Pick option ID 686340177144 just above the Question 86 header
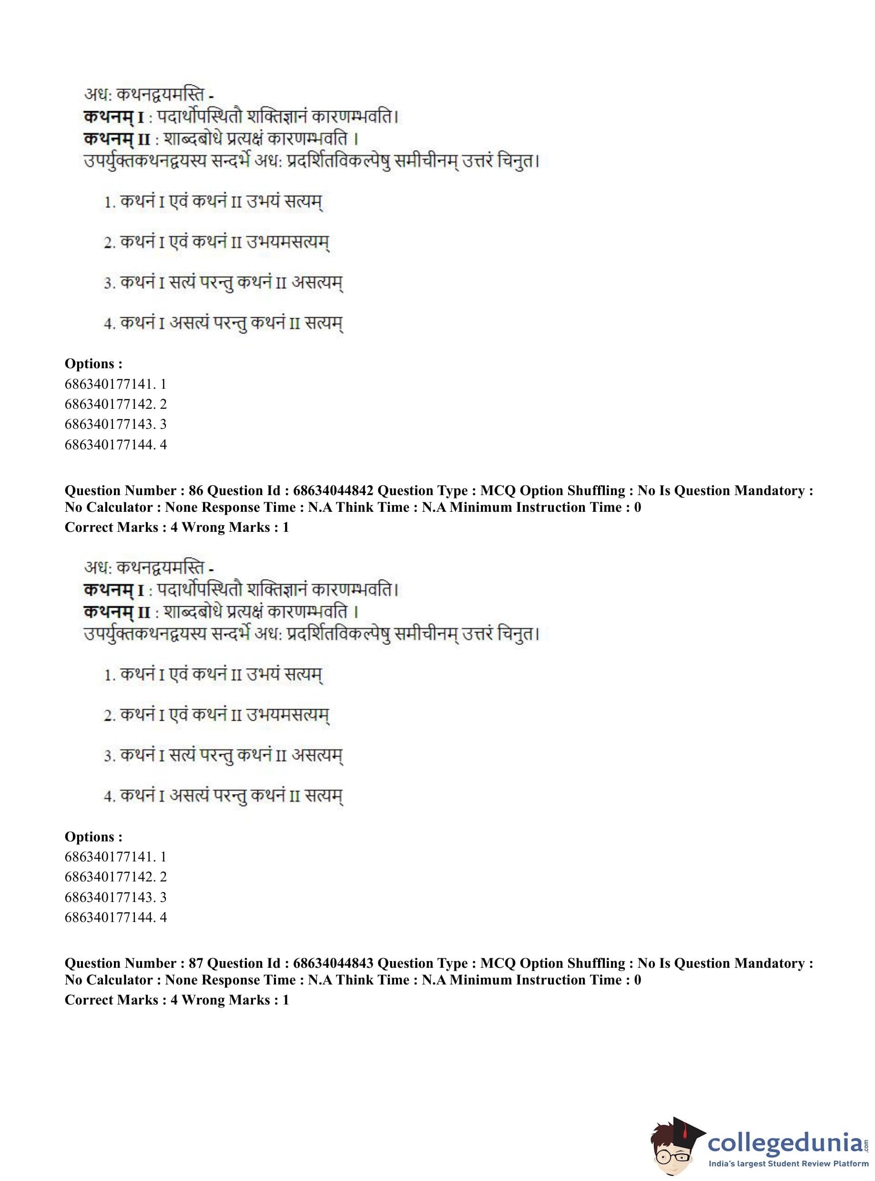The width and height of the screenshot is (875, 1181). pyautogui.click(x=115, y=445)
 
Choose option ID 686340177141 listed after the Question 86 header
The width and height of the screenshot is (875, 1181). pyautogui.click(x=115, y=857)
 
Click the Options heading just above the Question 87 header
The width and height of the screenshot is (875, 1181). pyautogui.click(x=93, y=837)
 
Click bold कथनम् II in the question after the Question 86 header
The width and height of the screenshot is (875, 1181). pyautogui.click(x=117, y=612)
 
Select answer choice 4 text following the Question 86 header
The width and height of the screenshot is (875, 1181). pyautogui.click(x=224, y=796)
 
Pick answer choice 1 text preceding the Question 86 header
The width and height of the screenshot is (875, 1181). pyautogui.click(x=213, y=202)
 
